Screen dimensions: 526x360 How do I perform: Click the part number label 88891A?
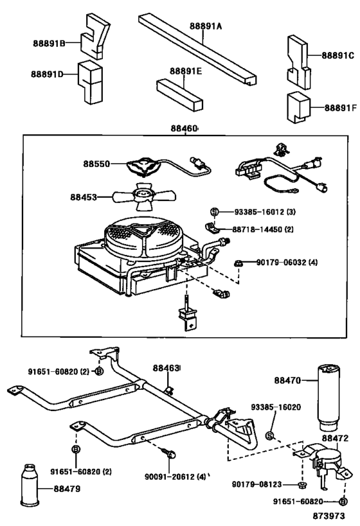coord(206,27)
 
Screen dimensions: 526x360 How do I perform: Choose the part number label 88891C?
coord(332,55)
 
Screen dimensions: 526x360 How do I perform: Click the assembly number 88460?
coord(184,129)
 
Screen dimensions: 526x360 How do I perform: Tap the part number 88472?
coord(335,438)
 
